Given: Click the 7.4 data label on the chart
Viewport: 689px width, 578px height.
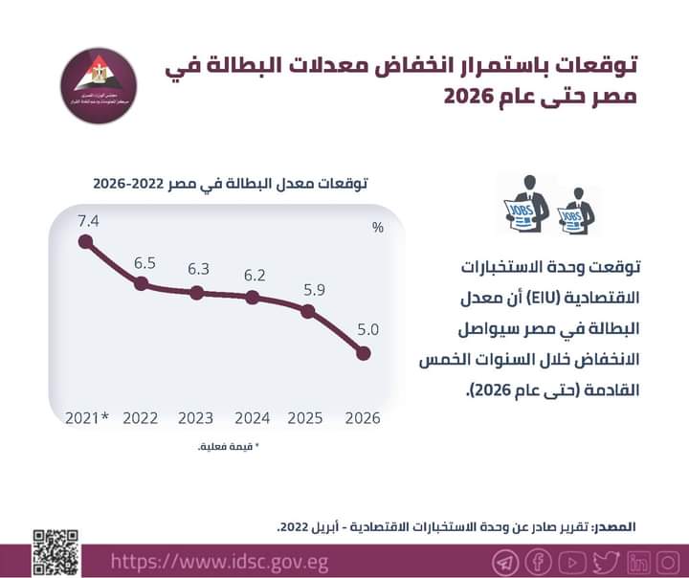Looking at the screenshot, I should coord(89,221).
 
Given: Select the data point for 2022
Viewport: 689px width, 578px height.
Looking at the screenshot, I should coord(142,284).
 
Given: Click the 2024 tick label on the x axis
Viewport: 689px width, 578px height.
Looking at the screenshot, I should coord(253,418).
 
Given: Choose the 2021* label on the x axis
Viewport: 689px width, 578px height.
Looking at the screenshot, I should coord(88,418).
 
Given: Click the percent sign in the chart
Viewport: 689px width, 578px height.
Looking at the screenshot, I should coord(378,228).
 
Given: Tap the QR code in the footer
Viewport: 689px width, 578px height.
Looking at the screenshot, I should coord(53,552).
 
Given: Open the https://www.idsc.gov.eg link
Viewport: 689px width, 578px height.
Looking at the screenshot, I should coord(219,560).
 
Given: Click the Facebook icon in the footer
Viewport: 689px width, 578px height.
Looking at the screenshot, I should coord(538,560).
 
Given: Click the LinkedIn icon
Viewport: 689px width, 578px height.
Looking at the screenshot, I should coord(639,560).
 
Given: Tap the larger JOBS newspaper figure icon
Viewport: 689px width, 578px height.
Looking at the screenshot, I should coord(524,204).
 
